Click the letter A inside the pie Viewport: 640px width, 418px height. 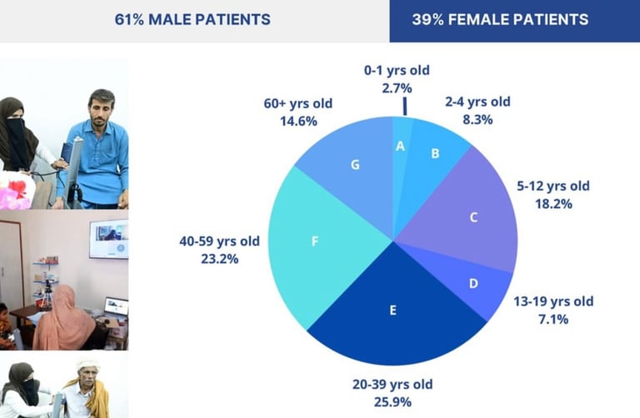[x=400, y=146]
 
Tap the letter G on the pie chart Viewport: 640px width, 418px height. [x=355, y=165]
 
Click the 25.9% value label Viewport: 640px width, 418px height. [x=392, y=402]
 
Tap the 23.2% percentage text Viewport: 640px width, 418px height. [x=220, y=259]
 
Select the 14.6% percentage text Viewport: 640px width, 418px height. [x=298, y=121]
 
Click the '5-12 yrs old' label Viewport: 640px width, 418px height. [x=553, y=186]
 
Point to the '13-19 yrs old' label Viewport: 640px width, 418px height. [x=553, y=301]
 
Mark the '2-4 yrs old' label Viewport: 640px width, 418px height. [x=477, y=102]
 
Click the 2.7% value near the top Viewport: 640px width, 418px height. [x=397, y=88]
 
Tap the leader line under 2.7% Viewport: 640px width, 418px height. [x=405, y=106]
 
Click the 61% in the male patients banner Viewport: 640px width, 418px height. [x=129, y=20]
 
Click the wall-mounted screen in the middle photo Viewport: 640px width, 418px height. [x=109, y=239]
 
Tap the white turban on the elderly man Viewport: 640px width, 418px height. [x=88, y=365]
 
